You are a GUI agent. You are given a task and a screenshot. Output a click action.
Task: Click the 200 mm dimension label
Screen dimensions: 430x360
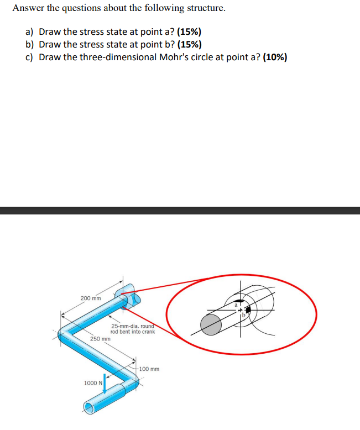(91, 298)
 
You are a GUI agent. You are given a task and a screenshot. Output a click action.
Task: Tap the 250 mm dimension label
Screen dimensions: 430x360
(100, 338)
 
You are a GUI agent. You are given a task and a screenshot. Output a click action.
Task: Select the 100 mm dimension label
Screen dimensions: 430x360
(149, 369)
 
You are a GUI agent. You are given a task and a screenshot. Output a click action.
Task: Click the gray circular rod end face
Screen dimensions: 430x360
(210, 324)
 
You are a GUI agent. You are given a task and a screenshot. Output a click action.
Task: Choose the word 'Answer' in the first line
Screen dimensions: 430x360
(27, 8)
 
